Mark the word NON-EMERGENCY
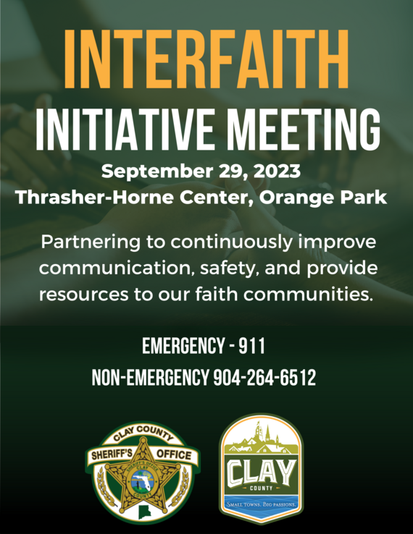tap(151, 378)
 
